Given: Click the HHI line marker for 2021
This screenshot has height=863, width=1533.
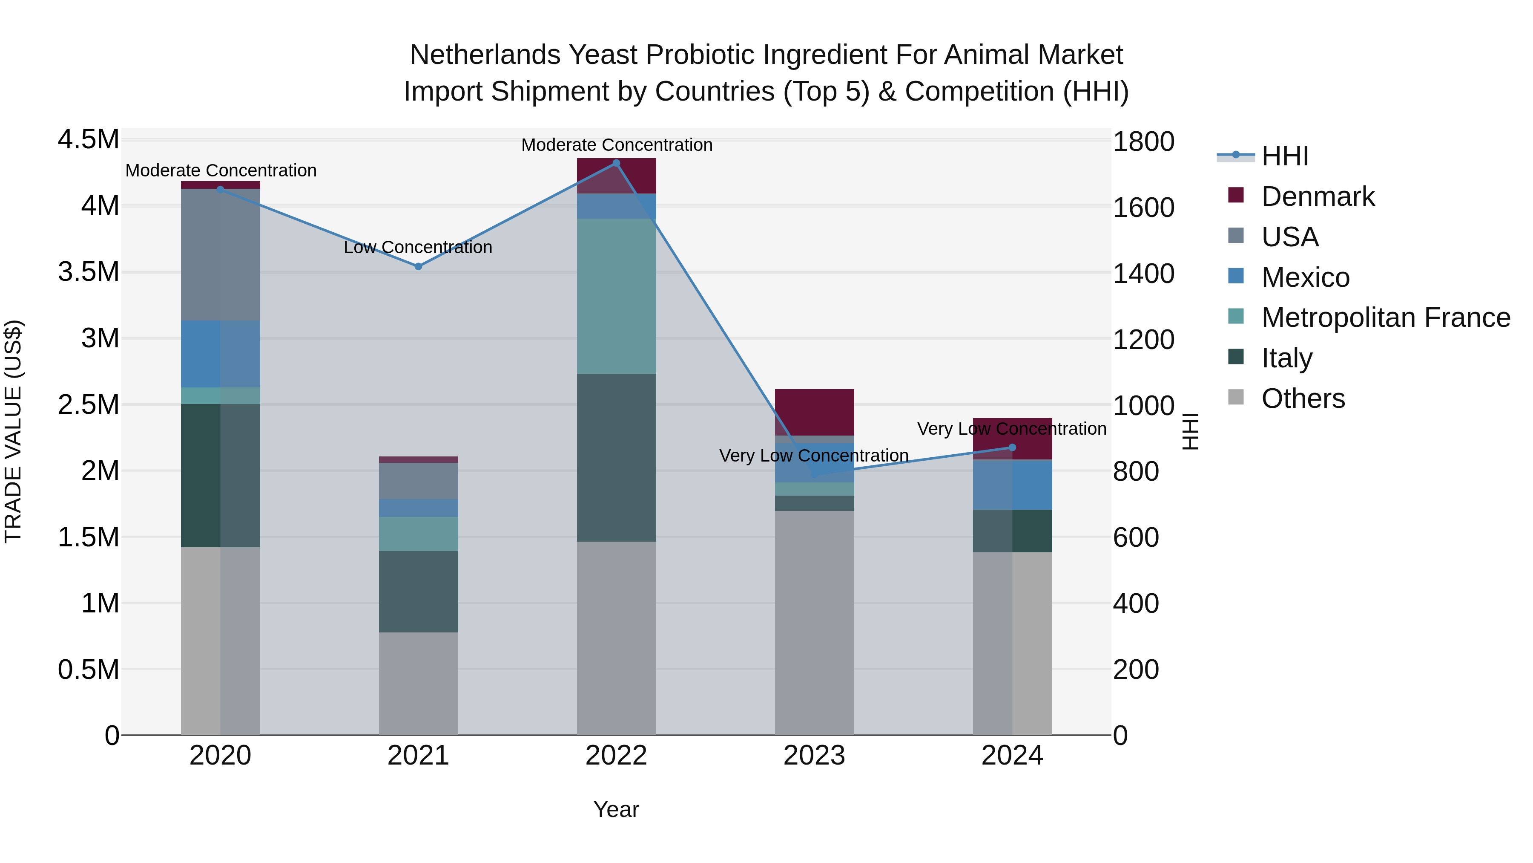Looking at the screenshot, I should pos(418,266).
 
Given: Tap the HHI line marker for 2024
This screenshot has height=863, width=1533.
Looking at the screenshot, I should pos(1012,447).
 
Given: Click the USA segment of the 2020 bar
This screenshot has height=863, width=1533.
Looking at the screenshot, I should pos(220,254).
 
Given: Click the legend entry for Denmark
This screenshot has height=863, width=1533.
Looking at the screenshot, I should pos(1317,196).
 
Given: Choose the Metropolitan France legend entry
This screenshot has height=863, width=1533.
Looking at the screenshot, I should pos(1385,317).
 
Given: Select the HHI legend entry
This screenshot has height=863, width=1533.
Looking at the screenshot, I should pos(1284,156).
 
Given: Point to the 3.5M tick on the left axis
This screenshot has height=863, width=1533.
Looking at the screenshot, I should pos(88,272).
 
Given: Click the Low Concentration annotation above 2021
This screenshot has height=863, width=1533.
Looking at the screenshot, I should pos(418,247).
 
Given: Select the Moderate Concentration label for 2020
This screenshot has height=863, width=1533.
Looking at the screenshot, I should pos(221,170).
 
